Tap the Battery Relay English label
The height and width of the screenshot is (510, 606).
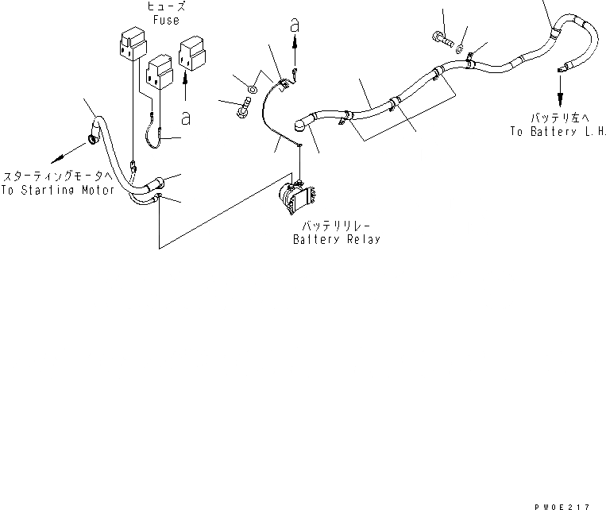pyautogui.click(x=336, y=239)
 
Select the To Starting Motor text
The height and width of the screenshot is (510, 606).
pyautogui.click(x=59, y=191)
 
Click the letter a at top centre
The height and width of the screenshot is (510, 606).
pyautogui.click(x=295, y=25)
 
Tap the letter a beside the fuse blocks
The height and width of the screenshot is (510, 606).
pyautogui.click(x=185, y=118)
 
